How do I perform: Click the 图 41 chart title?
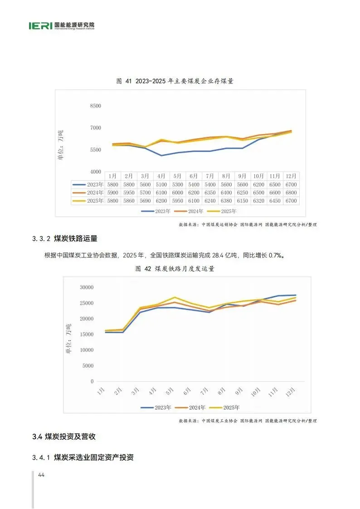click(x=175, y=81)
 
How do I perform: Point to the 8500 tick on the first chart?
click(x=95, y=106)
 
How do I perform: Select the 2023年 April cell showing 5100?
click(x=161, y=184)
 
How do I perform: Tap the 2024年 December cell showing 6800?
click(x=291, y=193)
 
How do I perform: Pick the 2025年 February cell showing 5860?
click(x=129, y=201)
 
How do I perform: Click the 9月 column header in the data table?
click(x=242, y=176)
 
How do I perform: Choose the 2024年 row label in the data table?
click(x=95, y=193)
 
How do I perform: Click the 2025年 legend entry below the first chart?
click(x=222, y=211)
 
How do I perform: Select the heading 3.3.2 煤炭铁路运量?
click(x=65, y=238)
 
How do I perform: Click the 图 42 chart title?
click(x=175, y=269)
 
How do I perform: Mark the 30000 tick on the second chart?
click(x=87, y=287)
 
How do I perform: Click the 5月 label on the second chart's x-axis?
click(x=170, y=391)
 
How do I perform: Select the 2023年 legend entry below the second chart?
click(x=156, y=407)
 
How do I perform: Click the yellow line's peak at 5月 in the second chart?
click(x=175, y=297)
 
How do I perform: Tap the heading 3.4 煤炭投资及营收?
click(x=64, y=436)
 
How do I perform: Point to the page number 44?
click(x=41, y=475)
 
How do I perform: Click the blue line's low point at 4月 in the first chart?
click(x=161, y=155)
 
